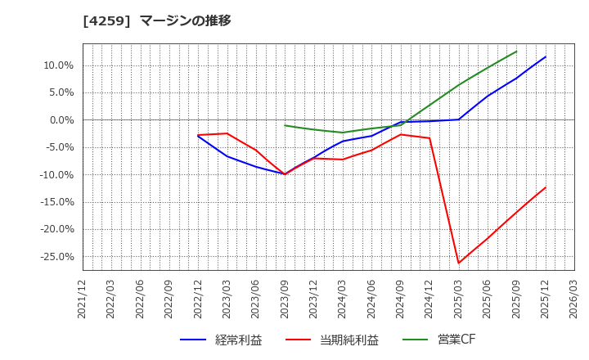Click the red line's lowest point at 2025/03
pos(458,263)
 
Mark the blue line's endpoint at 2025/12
pos(546,56)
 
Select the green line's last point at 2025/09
pos(516,52)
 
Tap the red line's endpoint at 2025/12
pos(546,187)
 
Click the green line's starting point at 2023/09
pos(285,125)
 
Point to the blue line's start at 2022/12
pos(198,135)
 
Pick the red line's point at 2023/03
pos(227,133)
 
